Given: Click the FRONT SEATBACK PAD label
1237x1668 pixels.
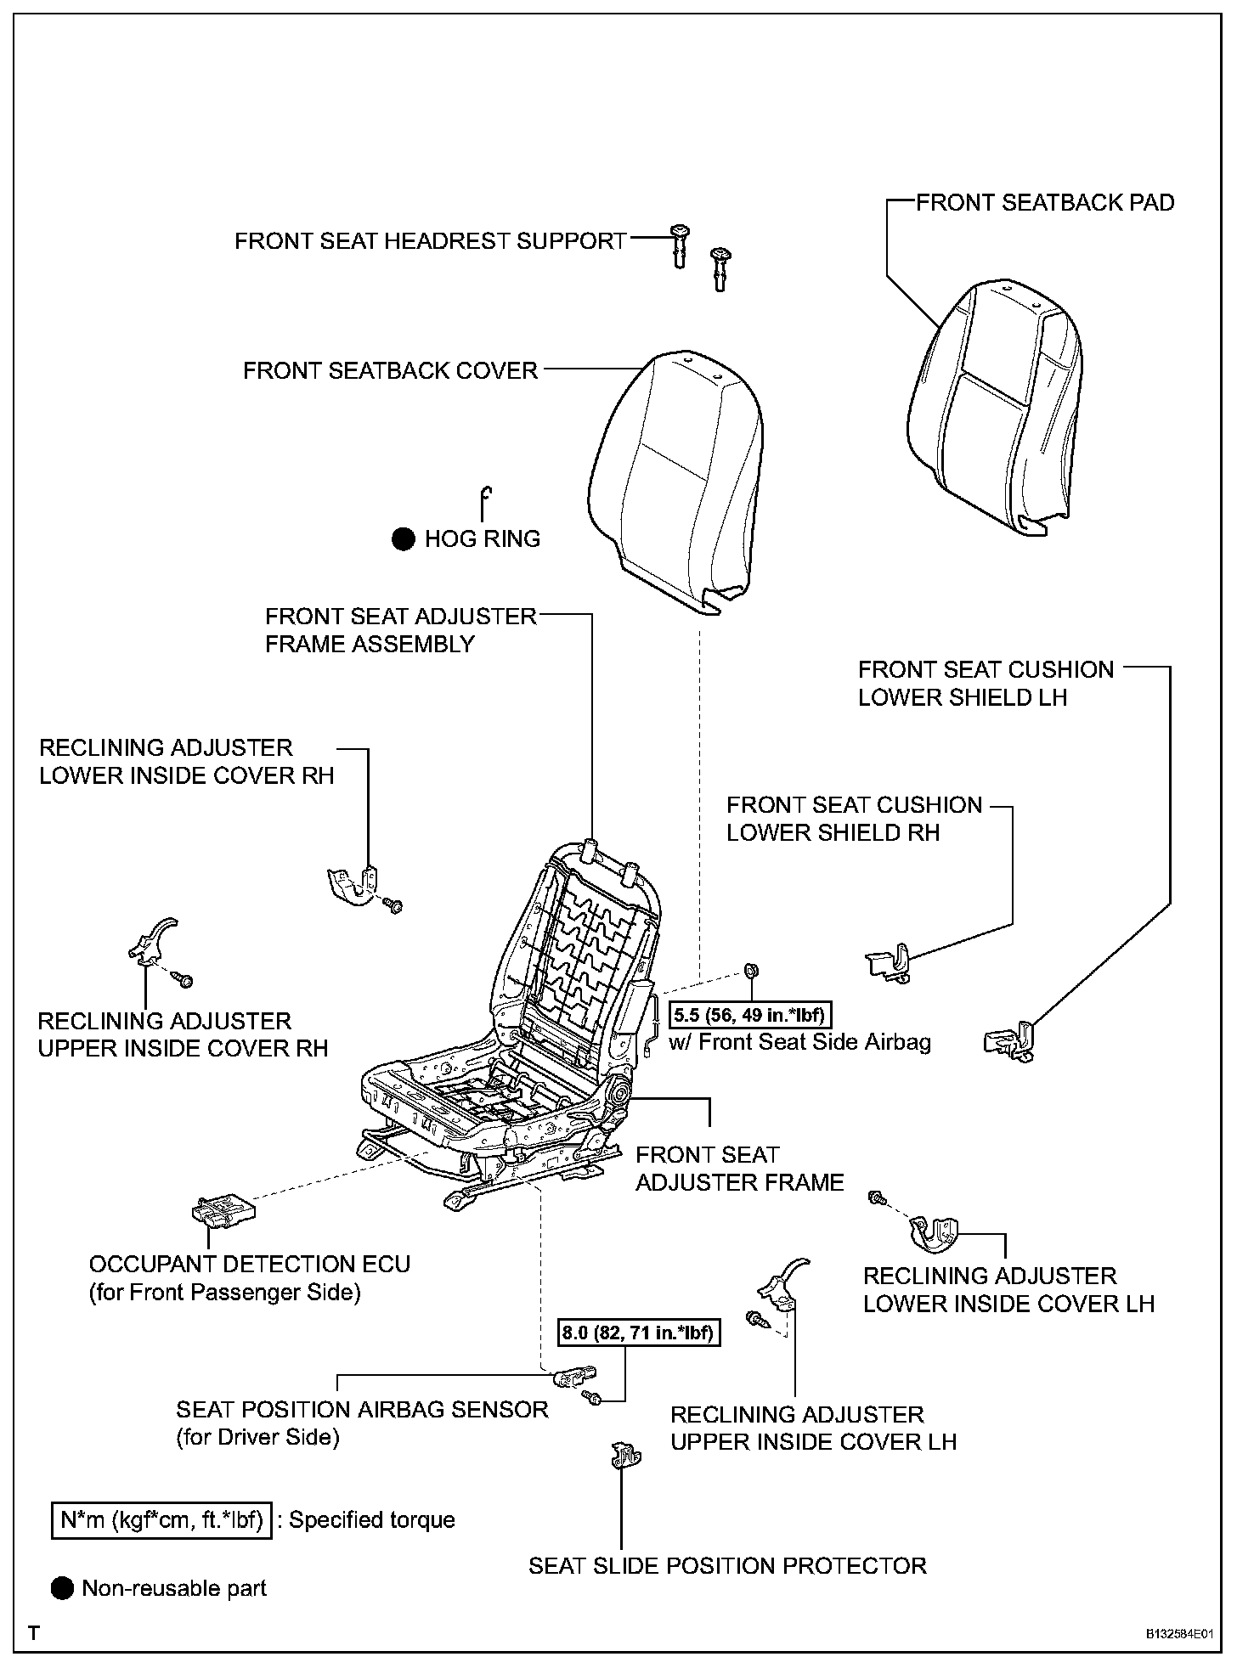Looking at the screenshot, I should pyautogui.click(x=1044, y=203).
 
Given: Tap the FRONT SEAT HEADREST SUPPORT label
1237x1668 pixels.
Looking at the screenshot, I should pyautogui.click(x=431, y=241).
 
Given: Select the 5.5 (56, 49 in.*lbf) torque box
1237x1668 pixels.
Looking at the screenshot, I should pyautogui.click(x=748, y=1014).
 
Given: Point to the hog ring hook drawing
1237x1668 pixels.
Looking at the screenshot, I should pyautogui.click(x=485, y=503).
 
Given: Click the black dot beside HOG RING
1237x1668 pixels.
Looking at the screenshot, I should pyautogui.click(x=403, y=538).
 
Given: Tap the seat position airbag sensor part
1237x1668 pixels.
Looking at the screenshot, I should pyautogui.click(x=575, y=1376).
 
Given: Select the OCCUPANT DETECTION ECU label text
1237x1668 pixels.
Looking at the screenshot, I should pyautogui.click(x=249, y=1264).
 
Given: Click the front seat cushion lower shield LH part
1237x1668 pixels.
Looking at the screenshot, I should pyautogui.click(x=1009, y=1041).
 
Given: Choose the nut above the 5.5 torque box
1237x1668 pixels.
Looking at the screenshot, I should pyautogui.click(x=751, y=971).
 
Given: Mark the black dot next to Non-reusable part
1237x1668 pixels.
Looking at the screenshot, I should pyautogui.click(x=63, y=1588).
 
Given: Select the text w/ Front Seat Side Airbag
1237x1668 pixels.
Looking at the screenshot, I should pyautogui.click(x=799, y=1042).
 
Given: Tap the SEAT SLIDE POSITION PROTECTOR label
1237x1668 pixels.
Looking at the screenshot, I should pyautogui.click(x=727, y=1565).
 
